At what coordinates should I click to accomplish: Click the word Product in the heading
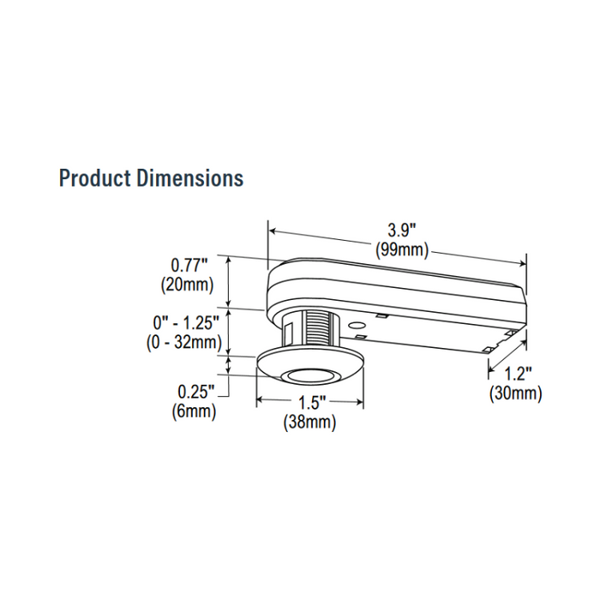pyautogui.click(x=94, y=178)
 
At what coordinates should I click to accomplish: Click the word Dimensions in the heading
pyautogui.click(x=189, y=178)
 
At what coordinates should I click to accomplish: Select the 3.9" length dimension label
pyautogui.click(x=400, y=231)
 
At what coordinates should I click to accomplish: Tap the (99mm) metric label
pyautogui.click(x=402, y=250)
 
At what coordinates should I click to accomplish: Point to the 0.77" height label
pyautogui.click(x=190, y=265)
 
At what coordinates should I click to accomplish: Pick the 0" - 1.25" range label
pyautogui.click(x=187, y=322)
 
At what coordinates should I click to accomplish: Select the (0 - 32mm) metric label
pyautogui.click(x=183, y=342)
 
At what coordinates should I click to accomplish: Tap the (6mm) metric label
pyautogui.click(x=194, y=411)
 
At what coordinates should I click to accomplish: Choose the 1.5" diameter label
pyautogui.click(x=309, y=404)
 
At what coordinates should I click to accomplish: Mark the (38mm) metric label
pyautogui.click(x=309, y=423)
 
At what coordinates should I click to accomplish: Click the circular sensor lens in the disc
pyautogui.click(x=309, y=375)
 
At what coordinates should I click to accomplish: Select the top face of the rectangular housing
pyautogui.click(x=394, y=274)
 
